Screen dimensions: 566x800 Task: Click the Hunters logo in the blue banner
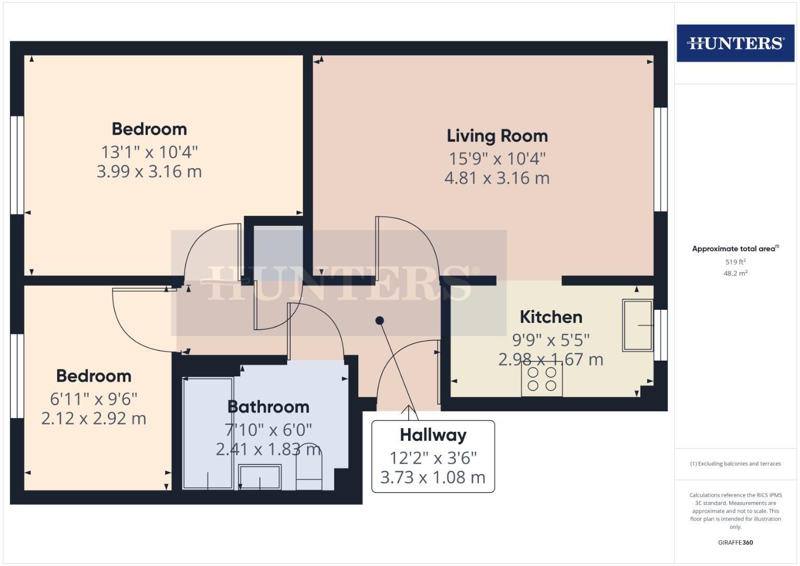coord(735,43)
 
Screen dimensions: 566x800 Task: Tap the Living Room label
coord(497,136)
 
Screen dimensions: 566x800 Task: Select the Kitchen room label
coord(551,317)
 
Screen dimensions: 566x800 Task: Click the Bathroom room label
coord(268,407)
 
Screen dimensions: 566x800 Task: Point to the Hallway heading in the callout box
coord(433,435)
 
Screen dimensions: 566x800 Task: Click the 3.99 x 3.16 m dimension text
coord(149,171)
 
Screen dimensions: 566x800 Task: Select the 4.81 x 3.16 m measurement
coord(497,178)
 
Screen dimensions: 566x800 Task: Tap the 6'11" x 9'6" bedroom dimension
coord(94,399)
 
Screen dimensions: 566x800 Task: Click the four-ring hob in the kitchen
coord(542,379)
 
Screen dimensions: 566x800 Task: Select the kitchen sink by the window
coord(637,325)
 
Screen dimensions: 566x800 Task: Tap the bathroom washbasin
coord(260,476)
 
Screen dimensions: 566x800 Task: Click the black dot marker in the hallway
coord(380,320)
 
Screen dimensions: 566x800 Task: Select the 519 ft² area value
coord(735,262)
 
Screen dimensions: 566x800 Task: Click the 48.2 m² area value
coord(735,273)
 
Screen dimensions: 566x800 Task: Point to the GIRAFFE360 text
coord(735,542)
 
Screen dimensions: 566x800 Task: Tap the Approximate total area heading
coord(735,249)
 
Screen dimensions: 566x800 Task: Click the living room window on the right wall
coord(660,159)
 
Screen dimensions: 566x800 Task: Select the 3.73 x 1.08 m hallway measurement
coord(433,477)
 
